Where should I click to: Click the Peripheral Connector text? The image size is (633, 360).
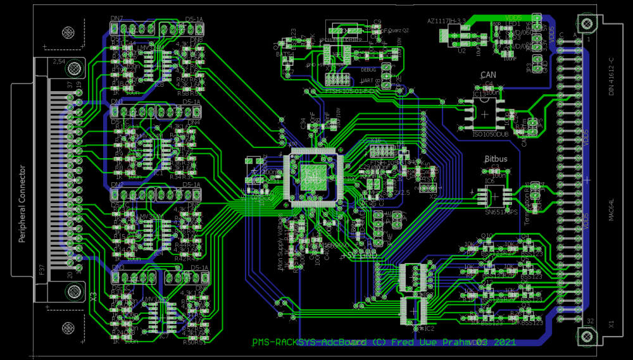click(22, 204)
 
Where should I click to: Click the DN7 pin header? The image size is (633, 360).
click(134, 28)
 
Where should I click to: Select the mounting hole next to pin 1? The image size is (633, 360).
click(587, 25)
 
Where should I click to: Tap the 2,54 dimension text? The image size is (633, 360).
click(58, 62)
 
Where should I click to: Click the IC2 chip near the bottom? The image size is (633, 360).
click(415, 309)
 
